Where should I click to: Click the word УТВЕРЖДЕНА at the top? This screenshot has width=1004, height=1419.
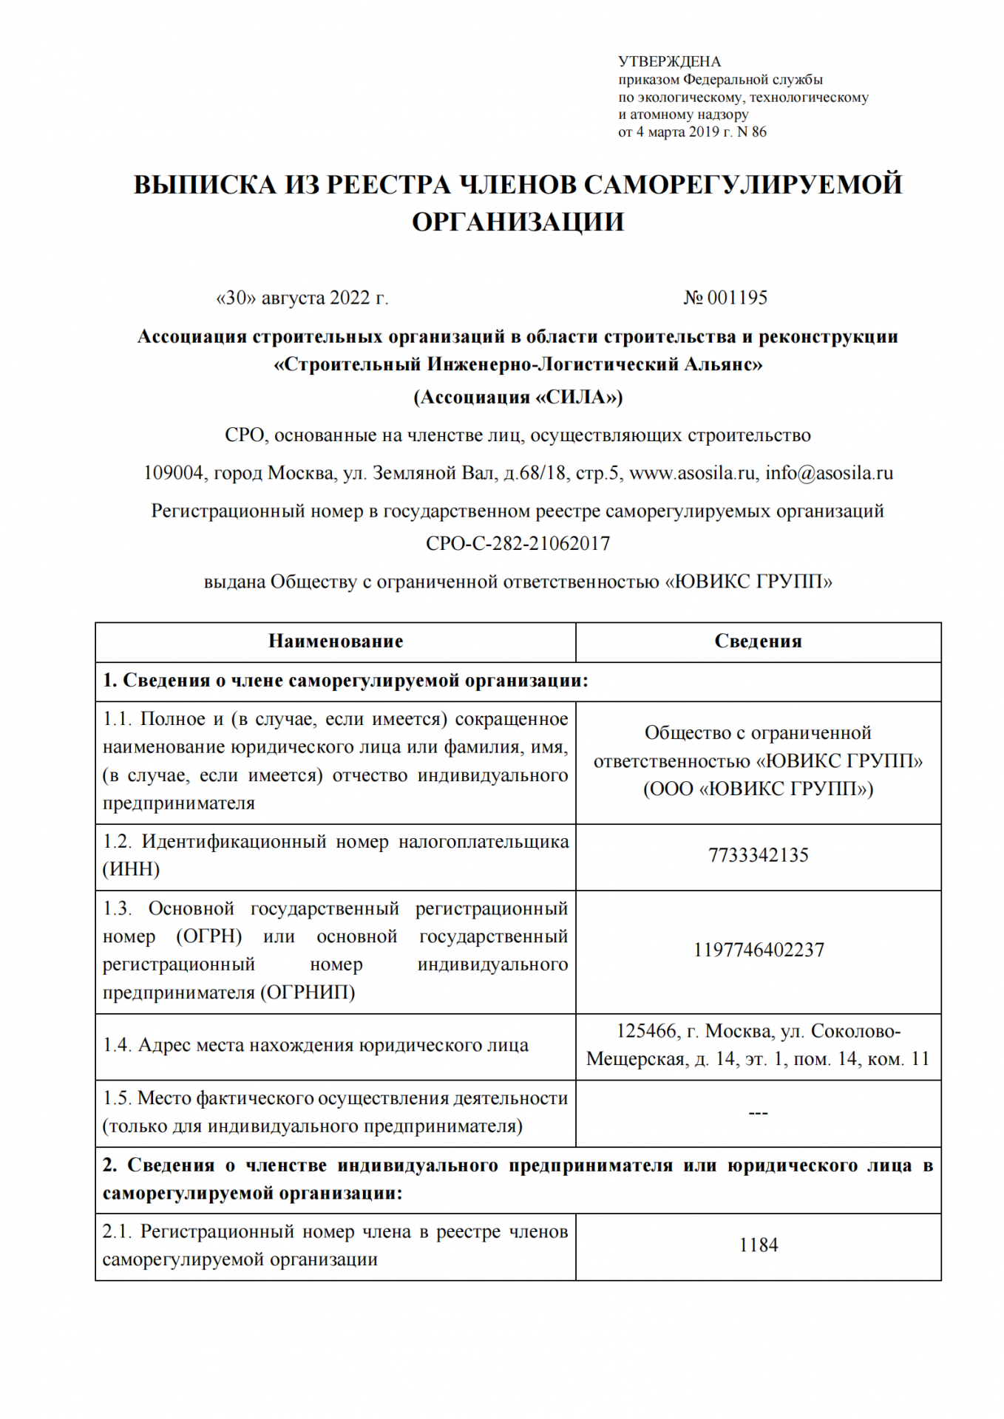669,62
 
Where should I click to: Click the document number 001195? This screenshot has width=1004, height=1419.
737,298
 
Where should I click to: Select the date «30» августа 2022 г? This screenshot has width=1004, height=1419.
302,298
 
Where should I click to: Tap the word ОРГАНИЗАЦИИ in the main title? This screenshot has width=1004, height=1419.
518,222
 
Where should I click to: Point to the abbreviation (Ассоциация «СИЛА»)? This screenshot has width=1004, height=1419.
518,398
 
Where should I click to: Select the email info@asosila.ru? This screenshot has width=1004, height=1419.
829,473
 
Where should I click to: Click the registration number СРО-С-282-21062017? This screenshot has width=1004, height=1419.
518,544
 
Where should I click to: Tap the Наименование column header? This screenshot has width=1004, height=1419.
336,642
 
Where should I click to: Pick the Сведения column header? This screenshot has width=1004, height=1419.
758,642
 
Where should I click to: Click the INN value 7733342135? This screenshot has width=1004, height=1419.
758,856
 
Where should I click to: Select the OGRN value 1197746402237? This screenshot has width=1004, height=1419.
758,950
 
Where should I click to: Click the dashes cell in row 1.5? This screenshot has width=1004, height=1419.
758,1113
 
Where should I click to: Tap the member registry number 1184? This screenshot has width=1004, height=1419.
758,1245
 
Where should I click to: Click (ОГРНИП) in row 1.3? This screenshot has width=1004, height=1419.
307,993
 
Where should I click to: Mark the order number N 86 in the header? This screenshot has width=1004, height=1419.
752,132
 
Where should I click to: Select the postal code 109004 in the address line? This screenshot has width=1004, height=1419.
174,473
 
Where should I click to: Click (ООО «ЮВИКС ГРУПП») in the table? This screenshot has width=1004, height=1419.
758,789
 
